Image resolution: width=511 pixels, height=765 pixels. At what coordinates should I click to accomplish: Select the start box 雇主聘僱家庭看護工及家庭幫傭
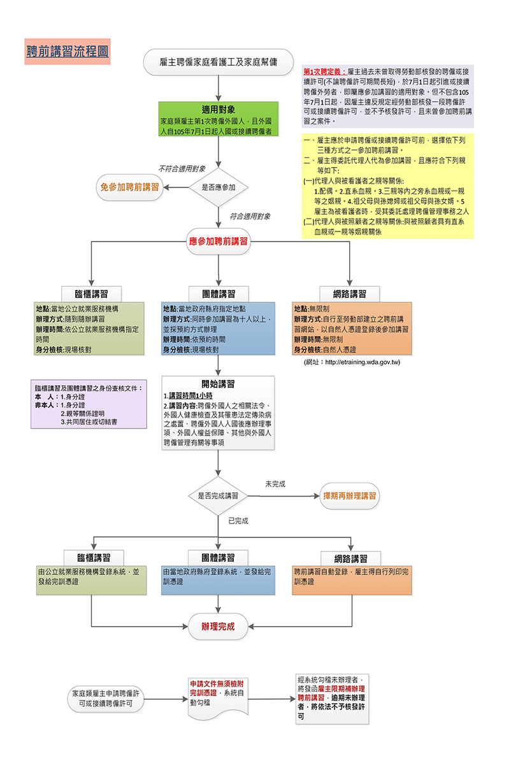click(219, 62)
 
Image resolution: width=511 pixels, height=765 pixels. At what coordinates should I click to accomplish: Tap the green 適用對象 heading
click(219, 109)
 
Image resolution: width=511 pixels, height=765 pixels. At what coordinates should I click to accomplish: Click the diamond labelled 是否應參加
click(219, 187)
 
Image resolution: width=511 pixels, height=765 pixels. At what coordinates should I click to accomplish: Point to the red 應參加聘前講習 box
click(219, 241)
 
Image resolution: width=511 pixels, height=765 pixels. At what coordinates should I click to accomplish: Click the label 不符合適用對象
click(182, 169)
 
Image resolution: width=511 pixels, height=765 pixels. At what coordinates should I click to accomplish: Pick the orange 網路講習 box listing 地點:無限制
click(352, 329)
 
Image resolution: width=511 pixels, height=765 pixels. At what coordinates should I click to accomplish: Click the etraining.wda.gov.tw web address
click(352, 363)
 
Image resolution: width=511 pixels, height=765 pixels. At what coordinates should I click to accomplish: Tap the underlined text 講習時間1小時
click(189, 396)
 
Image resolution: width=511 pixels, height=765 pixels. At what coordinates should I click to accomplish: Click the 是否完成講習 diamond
click(219, 495)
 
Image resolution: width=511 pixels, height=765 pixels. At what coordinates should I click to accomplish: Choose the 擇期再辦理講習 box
click(349, 495)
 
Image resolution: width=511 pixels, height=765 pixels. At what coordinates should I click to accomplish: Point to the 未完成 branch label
click(275, 484)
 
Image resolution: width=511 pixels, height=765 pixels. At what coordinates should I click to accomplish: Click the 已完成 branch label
click(238, 521)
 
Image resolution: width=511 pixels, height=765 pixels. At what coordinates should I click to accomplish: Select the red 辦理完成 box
click(219, 627)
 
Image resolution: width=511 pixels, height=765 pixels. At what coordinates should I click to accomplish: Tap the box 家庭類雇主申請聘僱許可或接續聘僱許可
click(106, 698)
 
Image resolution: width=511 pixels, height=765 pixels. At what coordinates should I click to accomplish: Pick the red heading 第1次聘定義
click(325, 73)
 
